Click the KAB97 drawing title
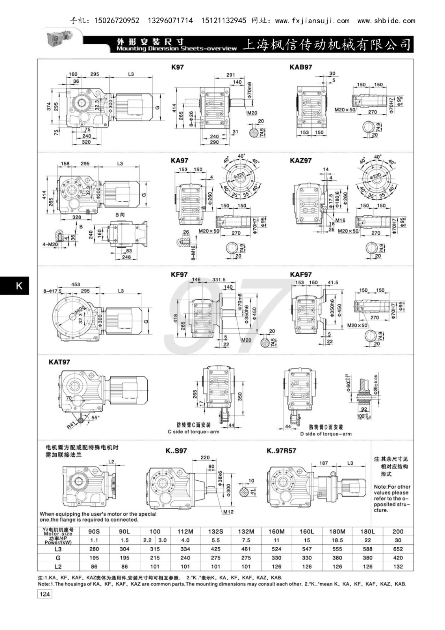pos(300,67)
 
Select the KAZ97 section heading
pos(300,160)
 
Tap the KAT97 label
pos(59,362)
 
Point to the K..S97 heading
pos(176,450)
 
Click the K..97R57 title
pos(281,450)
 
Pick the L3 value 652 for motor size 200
pos(398,549)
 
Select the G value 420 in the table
pos(398,558)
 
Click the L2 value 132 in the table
pos(398,567)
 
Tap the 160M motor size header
pos(276,532)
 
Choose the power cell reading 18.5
pos(337,540)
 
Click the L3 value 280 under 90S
pos(94,549)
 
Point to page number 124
pos(44,594)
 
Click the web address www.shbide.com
pos(386,20)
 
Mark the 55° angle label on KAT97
pos(96,417)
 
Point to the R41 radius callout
pos(71,425)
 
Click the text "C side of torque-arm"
pos(193,432)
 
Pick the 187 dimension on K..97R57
pos(323,463)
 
